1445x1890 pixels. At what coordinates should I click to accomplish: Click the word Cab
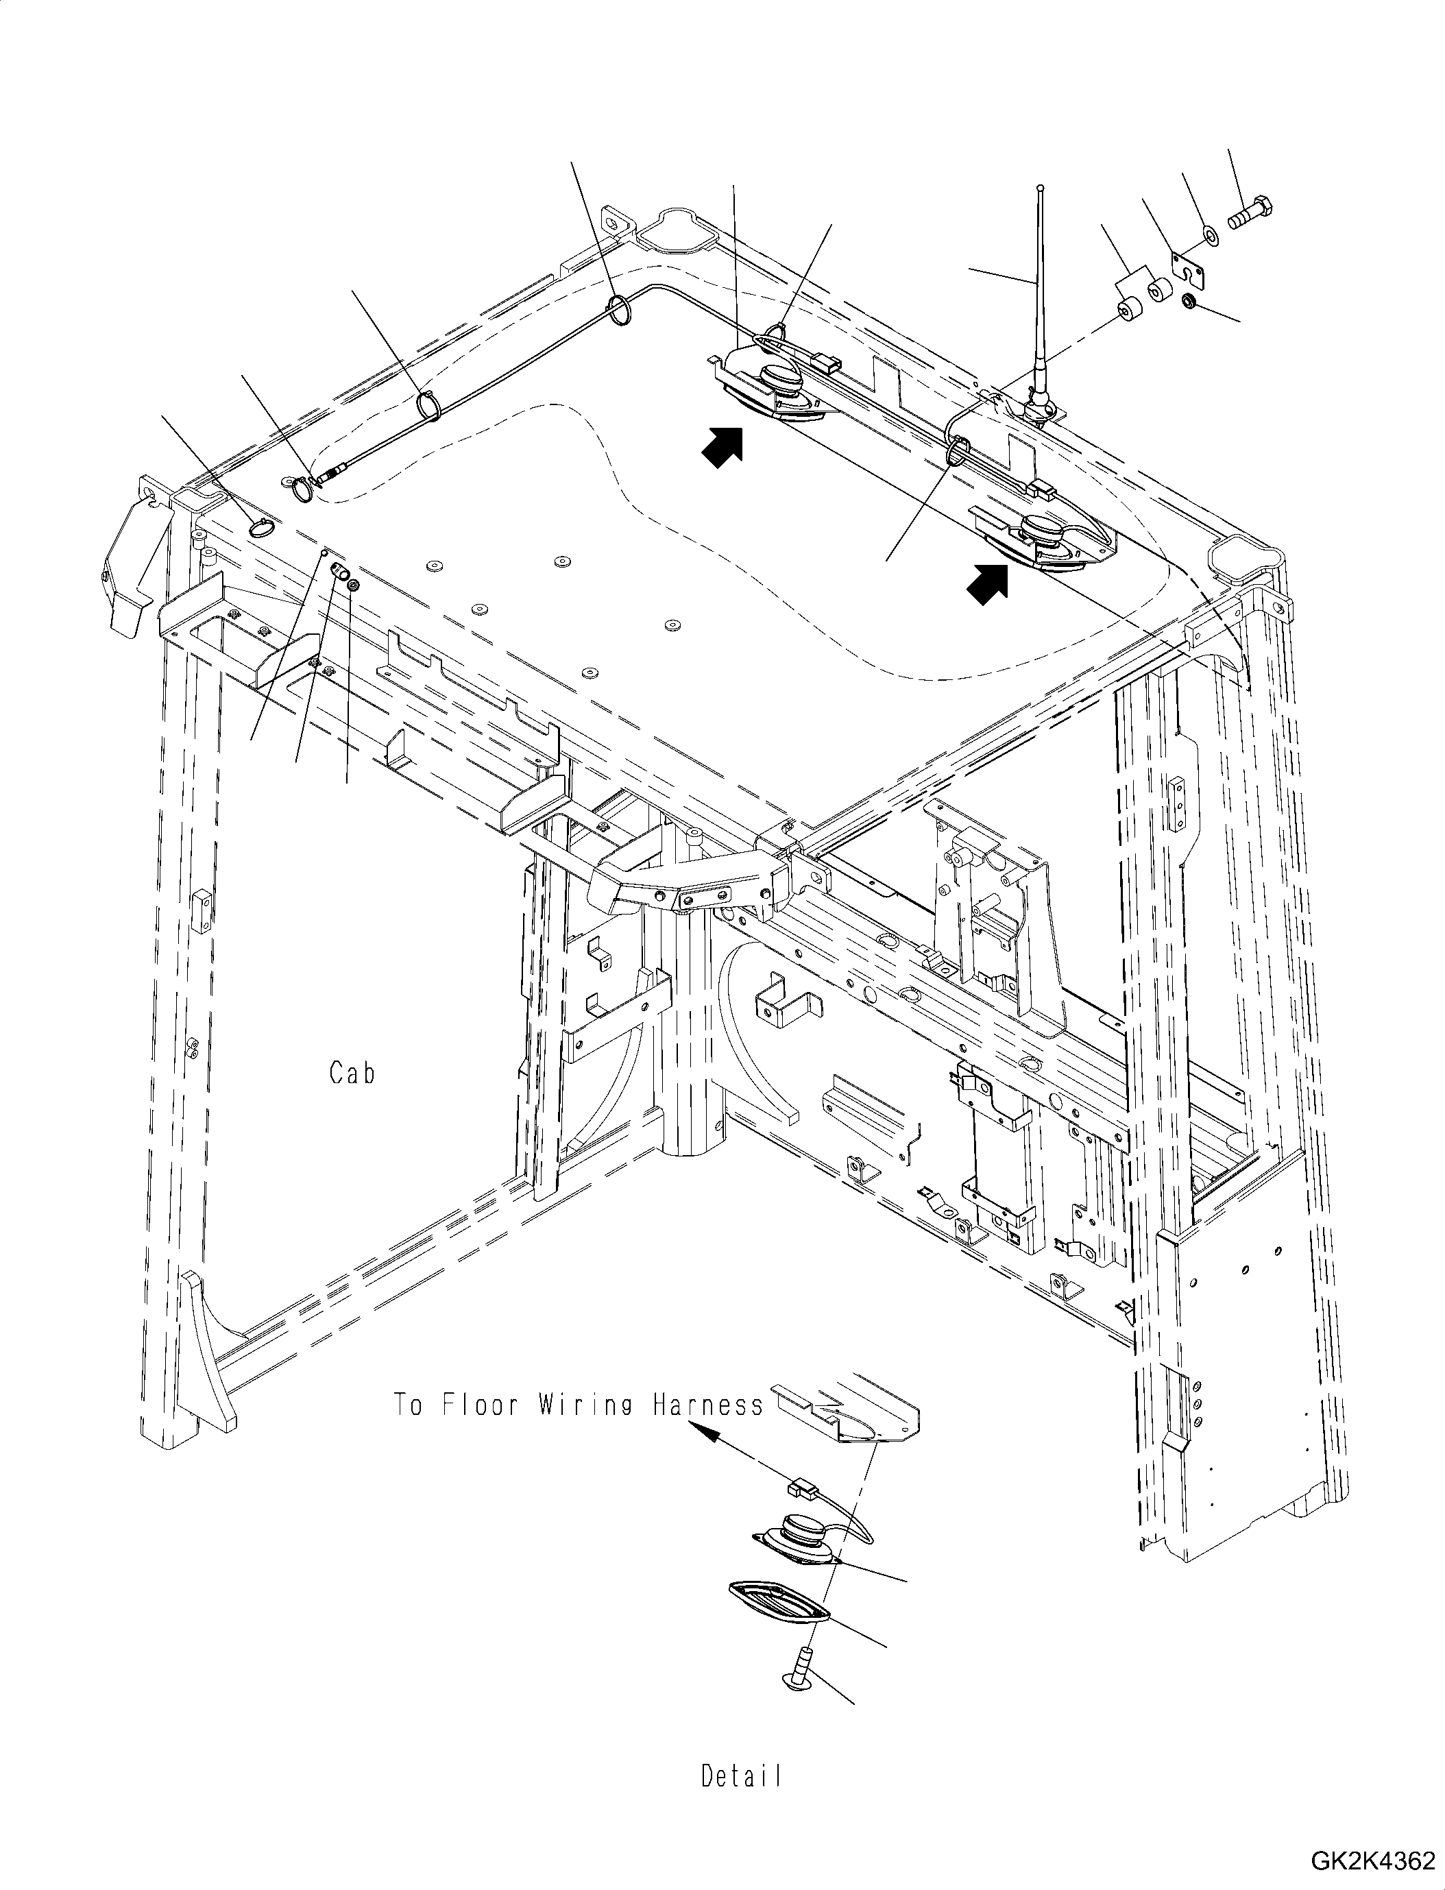click(352, 1074)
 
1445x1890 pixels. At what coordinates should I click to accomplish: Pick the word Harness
click(708, 1405)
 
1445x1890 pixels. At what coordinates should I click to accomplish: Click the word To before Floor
click(409, 1405)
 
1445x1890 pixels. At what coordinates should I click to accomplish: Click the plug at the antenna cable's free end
click(331, 474)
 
